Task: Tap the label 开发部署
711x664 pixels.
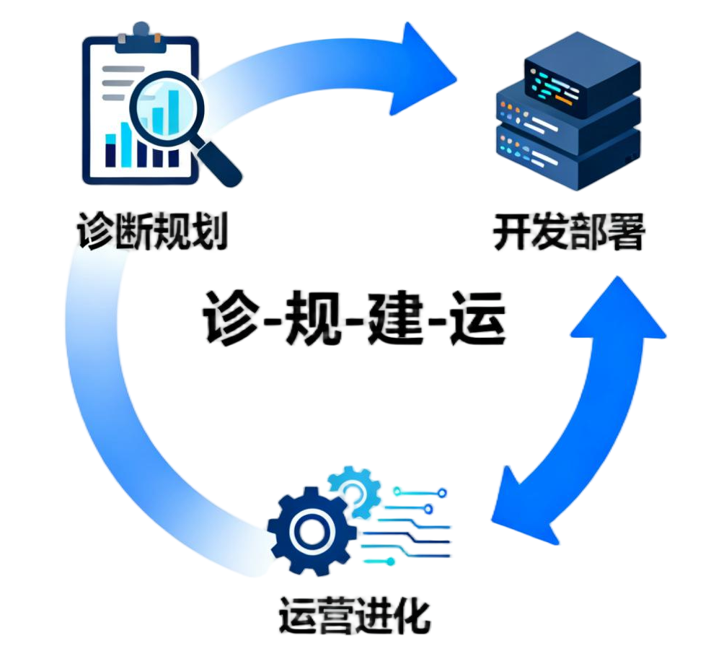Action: click(x=569, y=232)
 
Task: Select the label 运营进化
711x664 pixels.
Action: click(x=354, y=614)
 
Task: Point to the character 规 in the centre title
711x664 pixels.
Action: click(x=311, y=318)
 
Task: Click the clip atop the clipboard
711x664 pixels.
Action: click(x=141, y=32)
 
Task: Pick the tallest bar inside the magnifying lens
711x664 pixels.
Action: click(x=173, y=108)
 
